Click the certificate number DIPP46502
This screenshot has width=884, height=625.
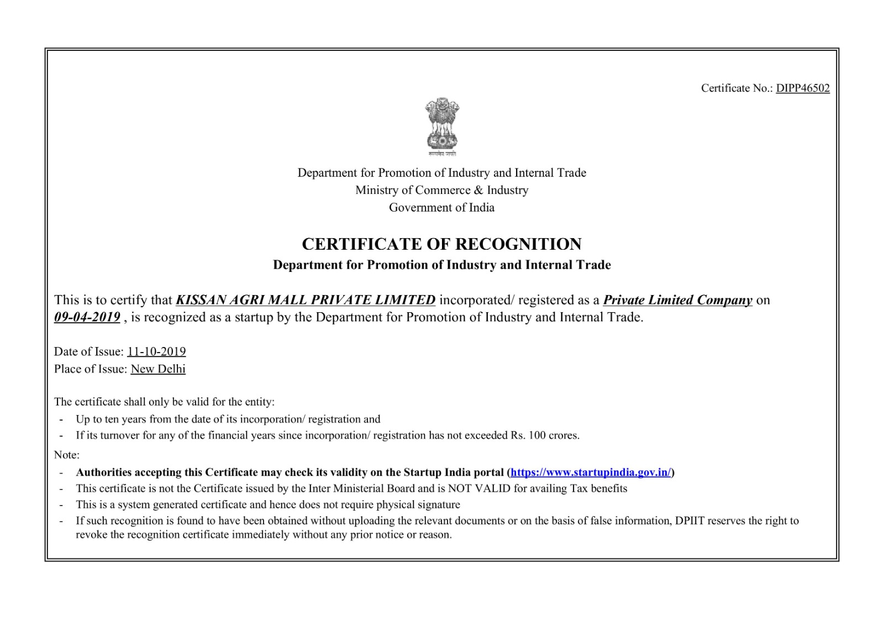coord(802,88)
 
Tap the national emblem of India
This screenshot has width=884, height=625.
coord(441,127)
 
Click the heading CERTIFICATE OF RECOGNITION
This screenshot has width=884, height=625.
coord(441,244)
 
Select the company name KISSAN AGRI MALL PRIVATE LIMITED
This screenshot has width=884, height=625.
coord(306,300)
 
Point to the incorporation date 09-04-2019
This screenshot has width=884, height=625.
coord(87,317)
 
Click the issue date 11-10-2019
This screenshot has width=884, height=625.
coord(156,351)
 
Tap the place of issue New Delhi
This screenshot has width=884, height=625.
coord(158,369)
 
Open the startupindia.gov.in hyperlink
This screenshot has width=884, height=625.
coord(590,472)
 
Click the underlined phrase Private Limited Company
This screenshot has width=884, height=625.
coord(677,300)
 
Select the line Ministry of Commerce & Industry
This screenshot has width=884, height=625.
coord(441,190)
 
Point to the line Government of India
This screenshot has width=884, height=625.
coord(441,208)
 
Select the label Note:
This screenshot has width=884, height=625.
coord(67,455)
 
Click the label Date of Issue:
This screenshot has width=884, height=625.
coord(89,351)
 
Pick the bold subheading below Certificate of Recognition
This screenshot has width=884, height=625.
coord(441,265)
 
